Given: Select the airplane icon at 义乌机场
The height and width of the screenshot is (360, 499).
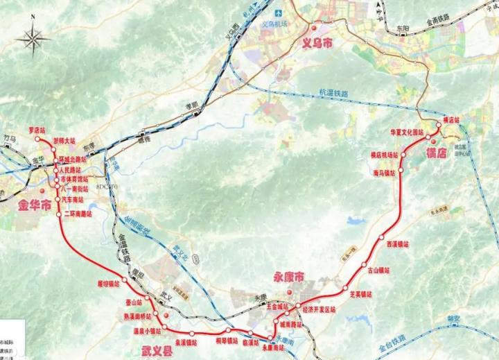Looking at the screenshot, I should (278, 12).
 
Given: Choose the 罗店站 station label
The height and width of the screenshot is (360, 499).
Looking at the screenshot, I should (36, 130).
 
